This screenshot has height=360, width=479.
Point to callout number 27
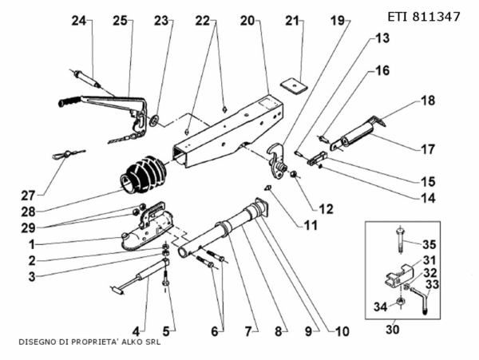tap(28, 194)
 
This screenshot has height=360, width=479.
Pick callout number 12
tap(326, 208)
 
